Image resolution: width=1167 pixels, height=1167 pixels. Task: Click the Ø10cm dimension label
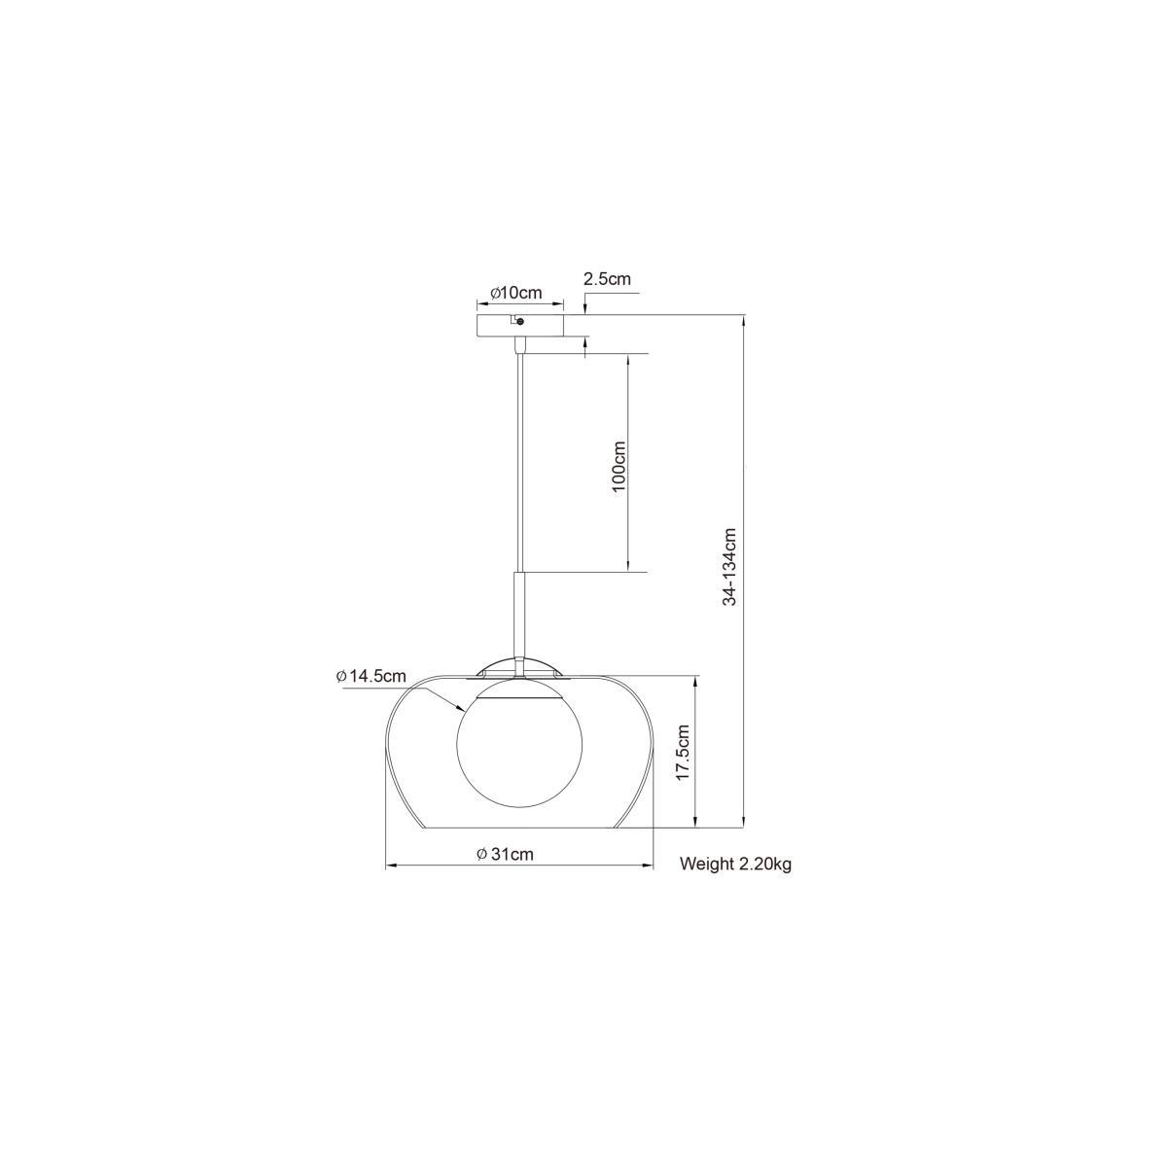(516, 293)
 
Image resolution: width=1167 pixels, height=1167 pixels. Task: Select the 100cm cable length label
(619, 466)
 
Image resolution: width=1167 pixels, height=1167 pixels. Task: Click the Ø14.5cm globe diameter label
(371, 676)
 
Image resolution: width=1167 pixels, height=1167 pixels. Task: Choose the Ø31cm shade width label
(505, 854)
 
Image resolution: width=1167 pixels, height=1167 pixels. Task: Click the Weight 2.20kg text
(735, 864)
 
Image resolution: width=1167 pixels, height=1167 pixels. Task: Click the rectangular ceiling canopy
(520, 325)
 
